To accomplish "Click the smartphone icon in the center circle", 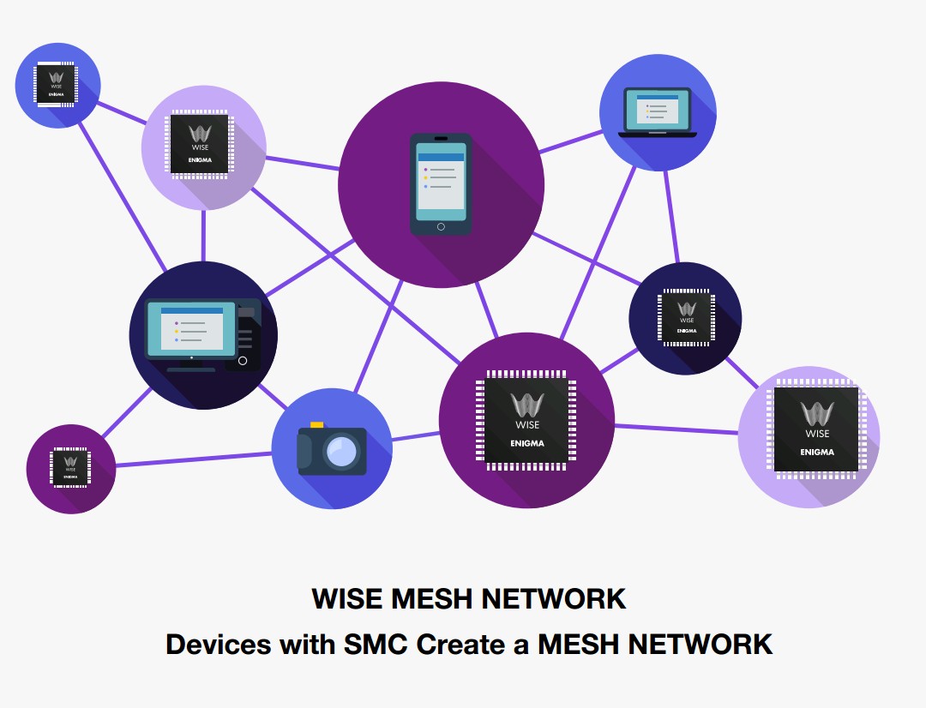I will (x=441, y=184).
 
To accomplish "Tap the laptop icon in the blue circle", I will (x=658, y=112).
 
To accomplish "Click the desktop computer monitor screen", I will (x=191, y=328).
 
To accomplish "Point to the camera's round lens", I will (x=342, y=451).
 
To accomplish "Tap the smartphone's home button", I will (x=441, y=226).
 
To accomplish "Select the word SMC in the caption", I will (x=376, y=644).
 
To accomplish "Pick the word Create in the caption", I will (x=461, y=644).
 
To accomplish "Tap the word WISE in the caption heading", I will (x=347, y=598).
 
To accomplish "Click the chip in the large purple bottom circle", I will (x=526, y=421).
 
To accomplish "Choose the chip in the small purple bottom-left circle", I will (x=70, y=468).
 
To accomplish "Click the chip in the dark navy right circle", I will (x=686, y=318).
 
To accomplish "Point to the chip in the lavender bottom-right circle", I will (x=816, y=429).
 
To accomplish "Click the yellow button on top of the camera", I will (x=317, y=424).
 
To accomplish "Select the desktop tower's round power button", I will (x=243, y=361).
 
